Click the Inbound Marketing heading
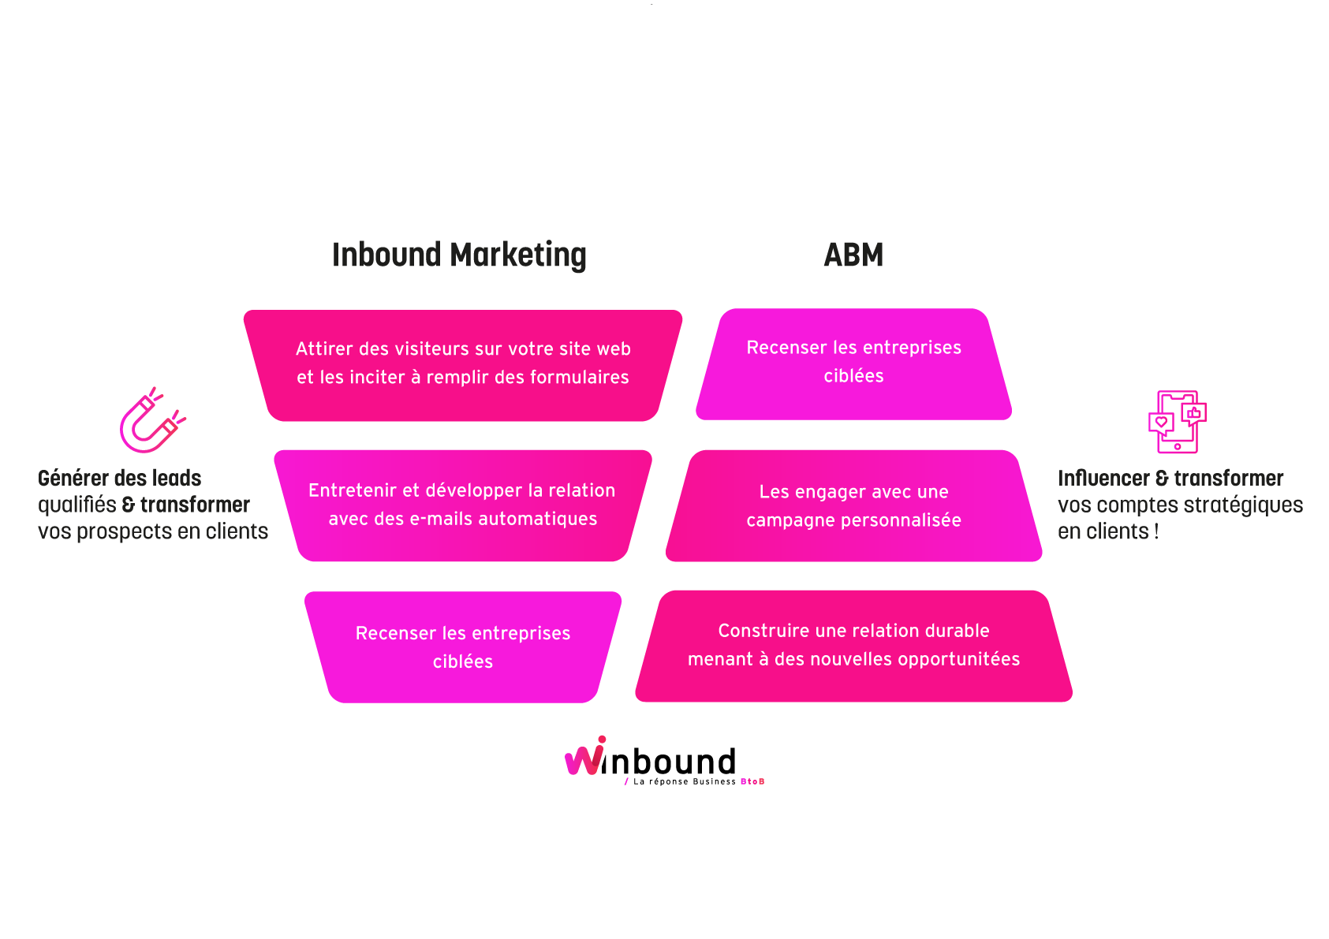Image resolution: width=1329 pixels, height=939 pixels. (459, 255)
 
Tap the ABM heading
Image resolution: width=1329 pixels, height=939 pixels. (853, 255)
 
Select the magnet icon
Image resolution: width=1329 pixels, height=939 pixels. (151, 421)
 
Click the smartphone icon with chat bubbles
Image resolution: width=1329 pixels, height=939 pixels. (1177, 422)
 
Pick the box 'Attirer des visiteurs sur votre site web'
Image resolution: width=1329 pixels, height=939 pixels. (463, 365)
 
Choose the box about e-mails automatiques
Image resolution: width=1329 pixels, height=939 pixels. (463, 505)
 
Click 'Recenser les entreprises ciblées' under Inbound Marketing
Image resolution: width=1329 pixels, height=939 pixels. (463, 647)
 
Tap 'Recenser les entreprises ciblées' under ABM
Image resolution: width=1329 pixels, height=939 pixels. (853, 363)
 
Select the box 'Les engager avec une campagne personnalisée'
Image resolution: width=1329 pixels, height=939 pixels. (853, 505)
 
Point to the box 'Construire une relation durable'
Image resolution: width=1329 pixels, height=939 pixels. (853, 646)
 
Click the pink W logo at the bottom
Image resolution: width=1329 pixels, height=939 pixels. (586, 757)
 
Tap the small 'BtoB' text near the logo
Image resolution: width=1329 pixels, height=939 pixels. (752, 781)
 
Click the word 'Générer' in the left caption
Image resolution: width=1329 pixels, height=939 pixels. (73, 479)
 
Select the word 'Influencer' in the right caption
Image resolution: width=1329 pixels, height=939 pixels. (1103, 479)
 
